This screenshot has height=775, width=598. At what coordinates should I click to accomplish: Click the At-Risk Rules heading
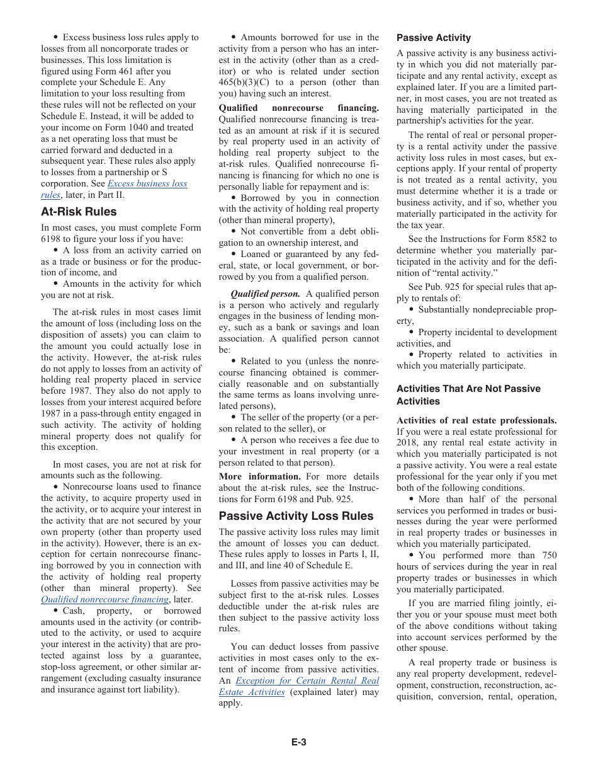[79, 212]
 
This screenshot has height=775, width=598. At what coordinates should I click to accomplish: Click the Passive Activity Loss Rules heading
[296, 516]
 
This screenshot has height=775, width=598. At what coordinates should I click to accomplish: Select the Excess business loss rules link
[147, 184]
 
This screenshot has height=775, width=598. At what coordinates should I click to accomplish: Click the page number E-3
[298, 742]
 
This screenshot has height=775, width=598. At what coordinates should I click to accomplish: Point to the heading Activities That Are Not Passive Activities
[468, 394]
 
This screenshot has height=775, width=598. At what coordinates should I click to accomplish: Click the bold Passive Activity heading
[433, 38]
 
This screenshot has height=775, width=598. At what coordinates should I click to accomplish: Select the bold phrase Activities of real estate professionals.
[476, 420]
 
